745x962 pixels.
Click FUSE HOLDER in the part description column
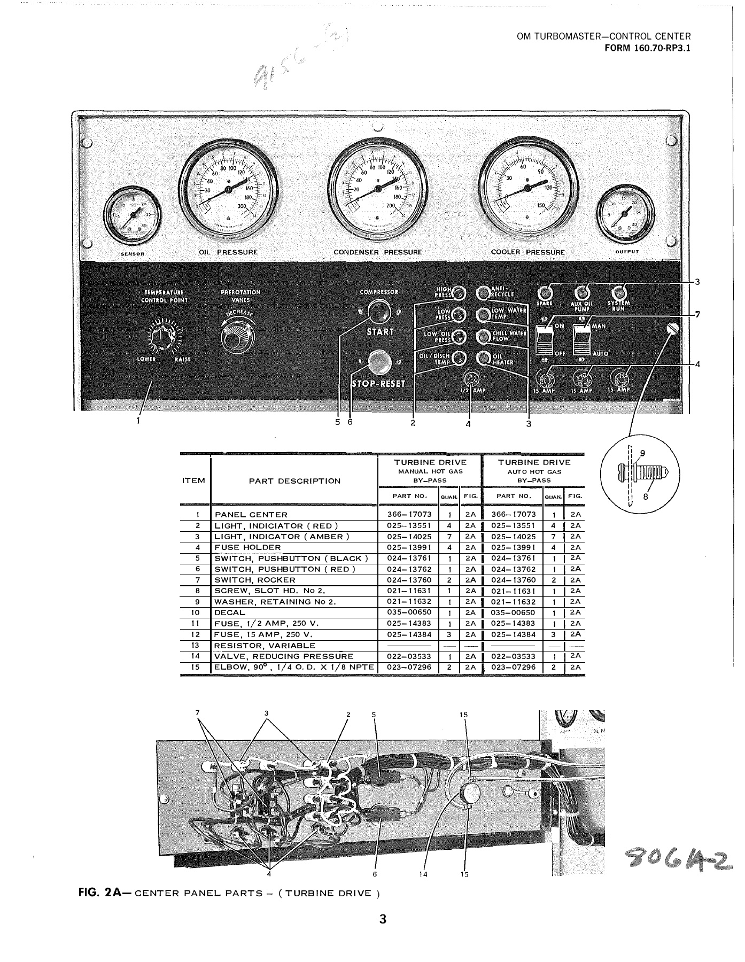click(x=247, y=547)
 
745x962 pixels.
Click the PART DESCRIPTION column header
click(x=294, y=480)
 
